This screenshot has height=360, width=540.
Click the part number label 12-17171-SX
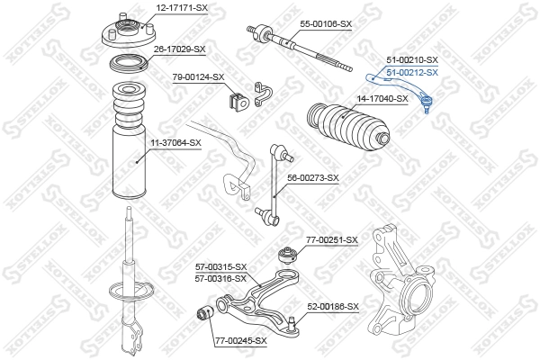point(182,8)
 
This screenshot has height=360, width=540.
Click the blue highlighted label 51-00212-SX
point(412,72)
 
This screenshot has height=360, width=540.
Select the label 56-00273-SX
point(312,178)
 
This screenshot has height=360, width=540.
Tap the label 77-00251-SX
point(332,240)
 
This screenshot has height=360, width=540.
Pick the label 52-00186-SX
point(333,307)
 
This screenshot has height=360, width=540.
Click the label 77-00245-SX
point(241,340)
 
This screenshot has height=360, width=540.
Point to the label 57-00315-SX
point(220,267)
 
